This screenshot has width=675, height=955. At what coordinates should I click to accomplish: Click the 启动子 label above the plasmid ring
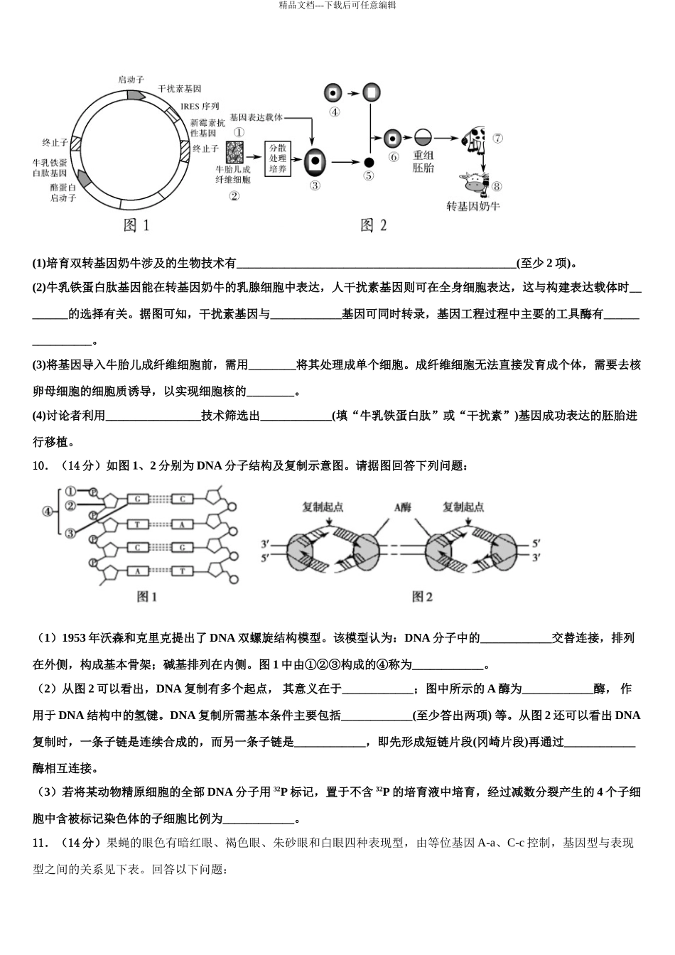(131, 80)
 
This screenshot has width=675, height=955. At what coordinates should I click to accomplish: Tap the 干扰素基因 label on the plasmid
(179, 89)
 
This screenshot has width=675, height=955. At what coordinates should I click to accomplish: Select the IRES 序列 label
(200, 107)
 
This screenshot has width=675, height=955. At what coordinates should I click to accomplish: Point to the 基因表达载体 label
(256, 117)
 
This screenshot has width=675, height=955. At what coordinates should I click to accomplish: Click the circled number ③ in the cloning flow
(315, 186)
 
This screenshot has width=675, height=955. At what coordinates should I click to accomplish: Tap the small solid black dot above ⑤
(368, 162)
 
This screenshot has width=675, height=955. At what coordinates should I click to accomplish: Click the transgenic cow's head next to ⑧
(475, 183)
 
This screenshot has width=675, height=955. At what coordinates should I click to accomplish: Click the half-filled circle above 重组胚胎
(423, 138)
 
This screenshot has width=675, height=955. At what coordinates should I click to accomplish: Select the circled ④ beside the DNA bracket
(48, 511)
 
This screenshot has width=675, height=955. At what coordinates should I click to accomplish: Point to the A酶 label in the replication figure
(403, 507)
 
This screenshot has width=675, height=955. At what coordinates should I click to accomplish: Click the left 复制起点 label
(323, 507)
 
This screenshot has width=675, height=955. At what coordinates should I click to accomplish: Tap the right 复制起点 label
(463, 507)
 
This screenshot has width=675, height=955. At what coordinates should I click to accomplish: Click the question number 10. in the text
(40, 466)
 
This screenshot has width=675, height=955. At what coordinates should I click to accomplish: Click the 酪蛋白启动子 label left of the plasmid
(63, 193)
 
